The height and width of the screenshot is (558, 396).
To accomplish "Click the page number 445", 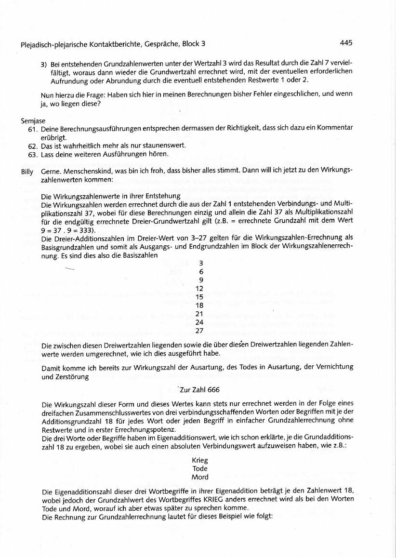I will coord(346,43).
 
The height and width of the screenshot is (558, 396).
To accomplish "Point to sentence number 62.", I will coord(34,146).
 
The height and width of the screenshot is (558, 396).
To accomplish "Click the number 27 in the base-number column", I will coord(200,331).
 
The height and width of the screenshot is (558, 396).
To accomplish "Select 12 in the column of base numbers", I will coord(200,288).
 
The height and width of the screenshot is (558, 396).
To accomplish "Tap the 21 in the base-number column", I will coord(200,314).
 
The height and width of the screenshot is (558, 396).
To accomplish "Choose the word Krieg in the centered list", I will coord(200,460).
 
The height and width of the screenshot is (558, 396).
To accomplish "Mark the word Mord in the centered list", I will coord(200,477).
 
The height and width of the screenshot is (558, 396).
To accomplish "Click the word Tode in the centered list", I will coord(200,468).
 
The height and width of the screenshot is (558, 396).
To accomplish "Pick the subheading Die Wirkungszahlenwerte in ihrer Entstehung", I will coord(111,196).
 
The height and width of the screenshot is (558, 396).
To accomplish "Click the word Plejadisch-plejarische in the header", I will coord(53,44).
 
